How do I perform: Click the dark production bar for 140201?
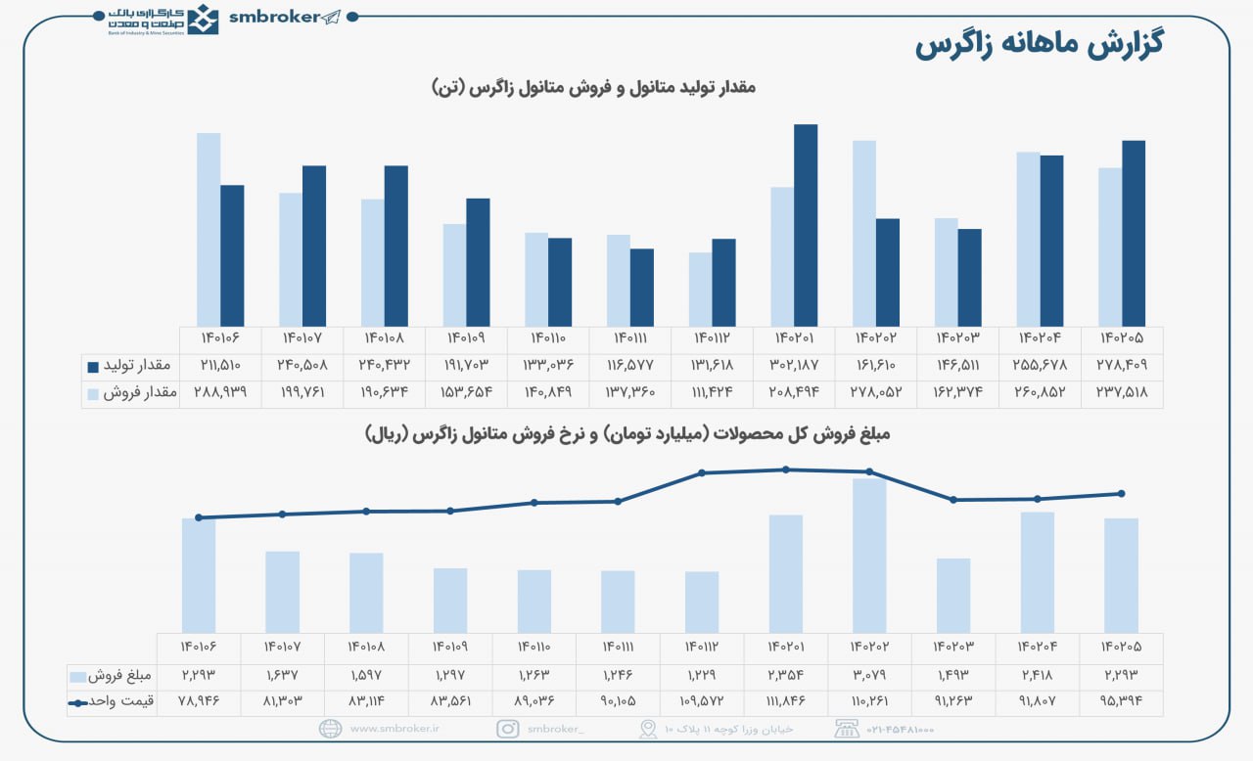click(806, 225)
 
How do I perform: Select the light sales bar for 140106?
click(209, 229)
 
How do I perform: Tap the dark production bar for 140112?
click(723, 282)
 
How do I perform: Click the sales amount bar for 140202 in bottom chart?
click(869, 555)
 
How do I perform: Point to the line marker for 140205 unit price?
click(1121, 494)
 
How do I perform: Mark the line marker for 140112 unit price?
click(702, 473)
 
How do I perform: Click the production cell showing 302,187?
click(794, 365)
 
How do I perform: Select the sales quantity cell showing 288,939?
click(221, 392)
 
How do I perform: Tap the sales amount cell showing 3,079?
click(869, 675)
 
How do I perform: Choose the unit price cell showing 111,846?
click(785, 701)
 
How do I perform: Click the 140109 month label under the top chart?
click(467, 338)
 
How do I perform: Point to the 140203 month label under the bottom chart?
click(952, 647)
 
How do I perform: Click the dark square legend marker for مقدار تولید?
click(93, 366)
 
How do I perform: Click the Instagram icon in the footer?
click(508, 729)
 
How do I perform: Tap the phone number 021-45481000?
click(899, 729)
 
